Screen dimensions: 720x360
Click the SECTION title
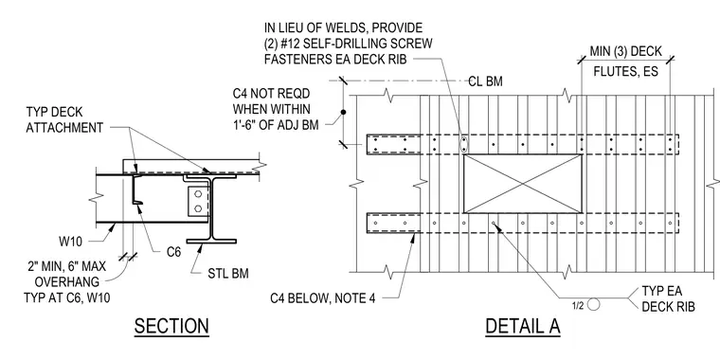coord(171,326)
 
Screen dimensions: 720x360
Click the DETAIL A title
coord(523,326)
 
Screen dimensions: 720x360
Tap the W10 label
coord(71,241)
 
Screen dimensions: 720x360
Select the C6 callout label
coord(173,252)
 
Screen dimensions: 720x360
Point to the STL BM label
coord(228,274)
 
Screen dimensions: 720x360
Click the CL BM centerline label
coord(485,81)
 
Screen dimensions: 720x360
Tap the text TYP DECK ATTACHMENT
coord(64,120)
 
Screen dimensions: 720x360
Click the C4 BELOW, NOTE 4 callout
coord(322,298)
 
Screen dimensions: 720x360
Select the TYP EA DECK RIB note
coord(668,299)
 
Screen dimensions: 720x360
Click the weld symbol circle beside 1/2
coord(594,304)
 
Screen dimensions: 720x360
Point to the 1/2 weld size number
coord(578,306)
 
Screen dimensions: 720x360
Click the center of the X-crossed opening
coord(523,184)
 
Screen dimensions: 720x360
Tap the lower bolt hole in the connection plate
coord(198,208)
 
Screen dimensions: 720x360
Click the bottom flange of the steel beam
coord(211,241)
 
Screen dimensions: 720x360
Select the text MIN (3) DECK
coord(625,51)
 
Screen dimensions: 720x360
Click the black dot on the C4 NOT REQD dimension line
coord(343,112)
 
